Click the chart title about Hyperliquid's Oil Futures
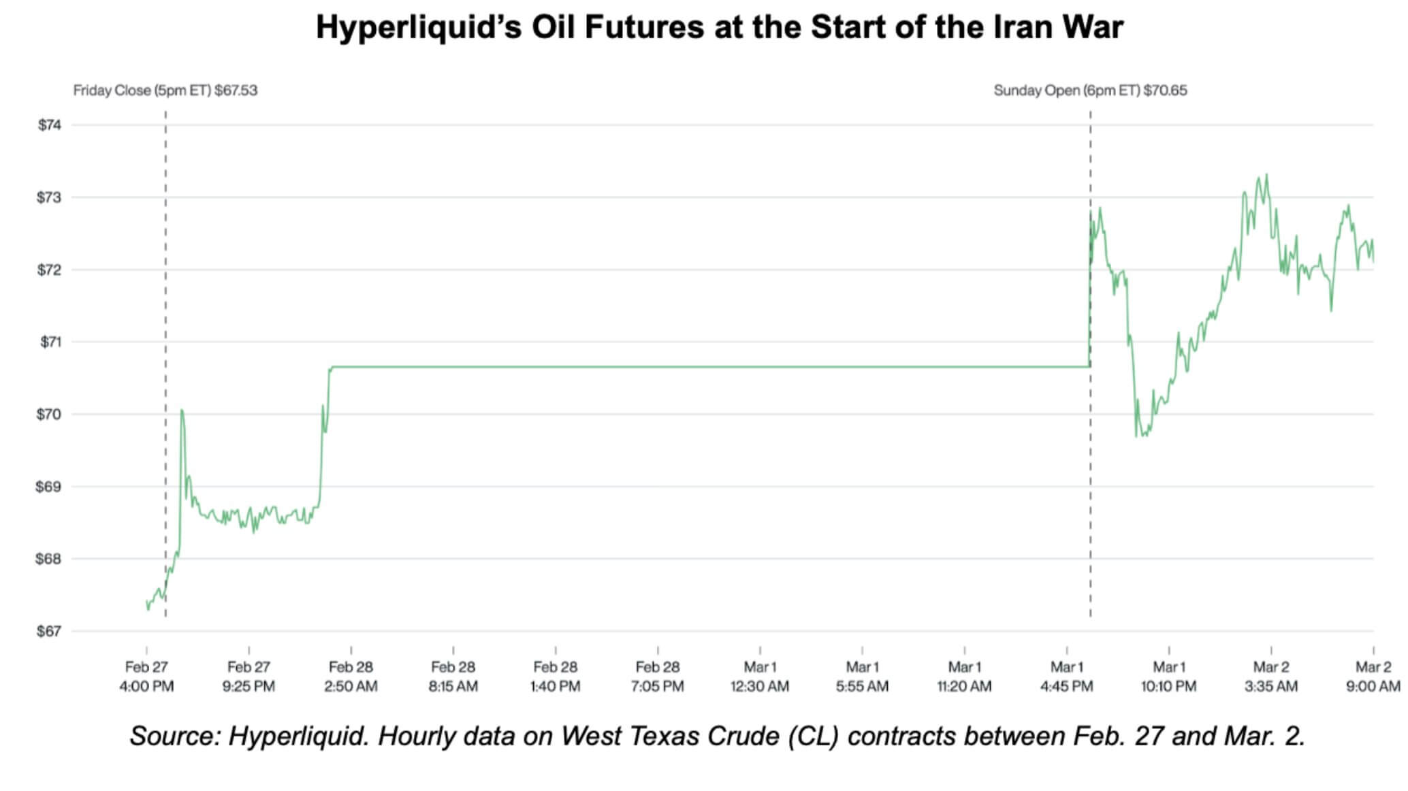coord(719,27)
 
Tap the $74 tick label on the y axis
coord(49,125)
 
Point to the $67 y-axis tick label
coord(49,632)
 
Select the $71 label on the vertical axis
coord(49,342)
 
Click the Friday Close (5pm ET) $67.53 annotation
coord(165,91)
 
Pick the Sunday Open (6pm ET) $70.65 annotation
coord(1090,91)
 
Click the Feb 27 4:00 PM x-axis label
coord(146,677)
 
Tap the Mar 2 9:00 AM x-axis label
coord(1373,677)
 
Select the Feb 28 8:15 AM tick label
coord(453,677)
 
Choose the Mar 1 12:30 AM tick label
coord(760,677)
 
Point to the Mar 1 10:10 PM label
coord(1168,677)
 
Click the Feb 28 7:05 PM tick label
coord(658,677)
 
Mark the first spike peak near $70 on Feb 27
coord(182,410)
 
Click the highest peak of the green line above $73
coord(1266,176)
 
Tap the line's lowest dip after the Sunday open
coord(1137,436)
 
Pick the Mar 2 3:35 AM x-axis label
coord(1270,677)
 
